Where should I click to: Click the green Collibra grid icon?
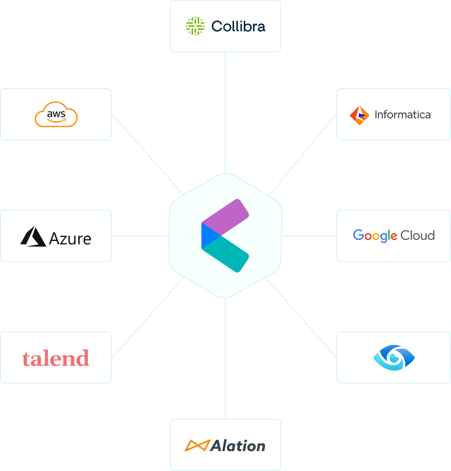tap(195, 26)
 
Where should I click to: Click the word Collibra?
tap(238, 26)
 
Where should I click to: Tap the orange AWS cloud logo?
tap(56, 114)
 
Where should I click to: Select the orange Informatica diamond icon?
tap(359, 115)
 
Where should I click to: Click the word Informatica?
tap(402, 115)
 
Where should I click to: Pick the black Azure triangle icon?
tap(33, 237)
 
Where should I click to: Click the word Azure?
tap(70, 239)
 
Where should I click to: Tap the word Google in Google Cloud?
tap(375, 235)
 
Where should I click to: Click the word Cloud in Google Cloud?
tap(417, 235)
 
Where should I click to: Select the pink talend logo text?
tap(56, 358)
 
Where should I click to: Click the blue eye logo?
tap(394, 357)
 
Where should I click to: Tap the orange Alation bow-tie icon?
tap(197, 445)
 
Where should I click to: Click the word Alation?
tap(238, 446)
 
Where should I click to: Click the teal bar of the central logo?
tap(231, 255)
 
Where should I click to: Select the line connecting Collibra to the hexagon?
tap(225, 111)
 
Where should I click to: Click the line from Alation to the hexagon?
tap(225, 358)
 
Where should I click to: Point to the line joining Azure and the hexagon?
tap(140, 236)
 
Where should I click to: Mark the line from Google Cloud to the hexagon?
tap(309, 236)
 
